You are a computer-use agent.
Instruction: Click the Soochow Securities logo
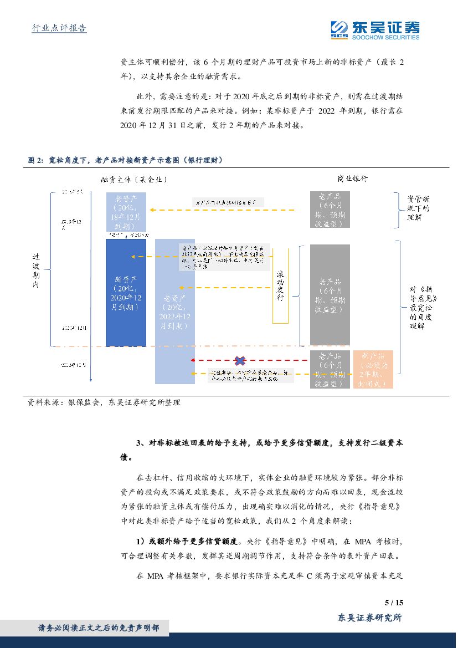[x=375, y=29]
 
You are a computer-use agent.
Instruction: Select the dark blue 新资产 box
[x=126, y=292]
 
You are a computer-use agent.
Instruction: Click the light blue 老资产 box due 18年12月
[x=126, y=212]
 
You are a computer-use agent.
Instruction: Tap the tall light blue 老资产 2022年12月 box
[x=174, y=310]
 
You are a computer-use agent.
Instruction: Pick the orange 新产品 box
[x=373, y=369]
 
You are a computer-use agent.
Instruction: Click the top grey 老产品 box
[x=330, y=210]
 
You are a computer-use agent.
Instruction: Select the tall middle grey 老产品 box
[x=330, y=295]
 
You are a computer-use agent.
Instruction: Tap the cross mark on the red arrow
[x=240, y=361]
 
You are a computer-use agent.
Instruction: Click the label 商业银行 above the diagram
[x=352, y=178]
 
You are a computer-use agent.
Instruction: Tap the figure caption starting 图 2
[x=125, y=160]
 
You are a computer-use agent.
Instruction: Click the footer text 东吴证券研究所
[x=369, y=617]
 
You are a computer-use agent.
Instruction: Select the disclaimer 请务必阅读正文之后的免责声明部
[x=99, y=627]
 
